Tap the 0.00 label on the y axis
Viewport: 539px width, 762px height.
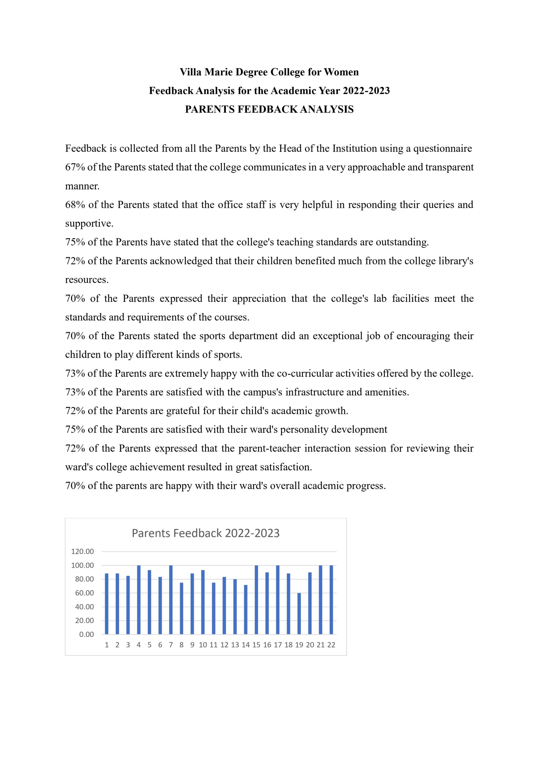tap(86, 635)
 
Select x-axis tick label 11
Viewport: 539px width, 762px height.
tap(214, 645)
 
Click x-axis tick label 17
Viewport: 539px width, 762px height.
tap(278, 645)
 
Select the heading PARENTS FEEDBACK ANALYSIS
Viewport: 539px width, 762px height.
tap(269, 109)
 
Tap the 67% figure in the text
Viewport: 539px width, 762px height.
tap(75, 167)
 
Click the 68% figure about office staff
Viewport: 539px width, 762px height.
tap(75, 205)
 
